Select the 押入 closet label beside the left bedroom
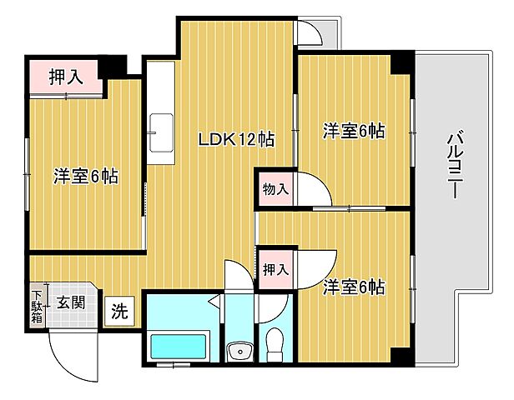click(65, 77)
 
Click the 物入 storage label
click(275, 189)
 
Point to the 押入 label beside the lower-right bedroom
click(275, 269)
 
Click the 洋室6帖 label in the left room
click(86, 177)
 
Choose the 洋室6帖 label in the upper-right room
click(354, 131)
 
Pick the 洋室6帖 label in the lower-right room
click(354, 287)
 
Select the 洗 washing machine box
click(120, 312)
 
